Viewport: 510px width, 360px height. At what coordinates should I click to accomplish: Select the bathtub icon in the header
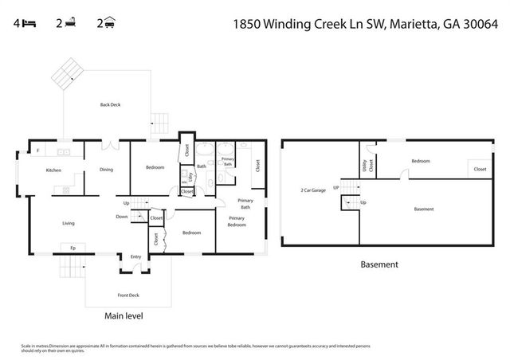tap(70, 23)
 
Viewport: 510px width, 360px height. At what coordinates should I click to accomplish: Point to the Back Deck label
tap(111, 104)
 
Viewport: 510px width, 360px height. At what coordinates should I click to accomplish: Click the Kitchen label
tap(53, 170)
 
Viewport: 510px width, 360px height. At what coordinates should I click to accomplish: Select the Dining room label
tap(106, 169)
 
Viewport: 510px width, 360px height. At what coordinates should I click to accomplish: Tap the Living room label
tap(69, 223)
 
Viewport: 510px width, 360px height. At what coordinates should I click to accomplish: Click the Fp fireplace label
tap(73, 247)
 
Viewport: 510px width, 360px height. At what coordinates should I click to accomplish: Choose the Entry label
tap(136, 256)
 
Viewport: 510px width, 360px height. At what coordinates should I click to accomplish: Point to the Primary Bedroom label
tap(237, 221)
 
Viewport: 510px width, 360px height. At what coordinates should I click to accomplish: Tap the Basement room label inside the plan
tap(424, 209)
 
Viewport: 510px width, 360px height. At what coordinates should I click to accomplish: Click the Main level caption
tap(124, 316)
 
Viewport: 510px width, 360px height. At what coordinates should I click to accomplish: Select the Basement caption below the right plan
tap(379, 264)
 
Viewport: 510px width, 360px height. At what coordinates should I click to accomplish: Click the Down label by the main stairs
tap(121, 216)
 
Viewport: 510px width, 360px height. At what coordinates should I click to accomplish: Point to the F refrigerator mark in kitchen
tap(37, 151)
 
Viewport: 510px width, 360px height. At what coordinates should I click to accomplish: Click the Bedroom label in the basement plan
tap(421, 161)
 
